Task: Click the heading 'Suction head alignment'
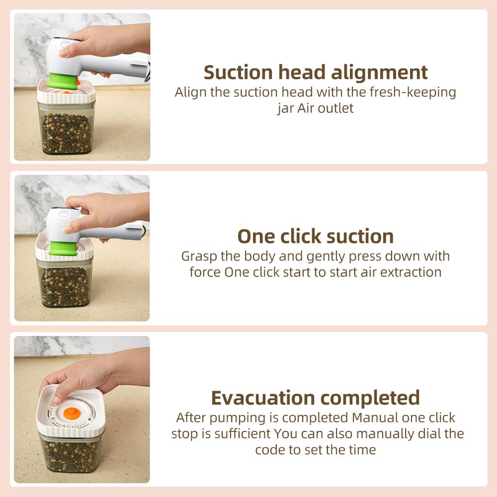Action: tap(316, 73)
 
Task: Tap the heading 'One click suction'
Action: tap(316, 236)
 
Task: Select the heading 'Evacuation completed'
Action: tap(316, 398)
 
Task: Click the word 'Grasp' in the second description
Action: tap(200, 256)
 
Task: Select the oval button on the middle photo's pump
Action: tap(64, 214)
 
